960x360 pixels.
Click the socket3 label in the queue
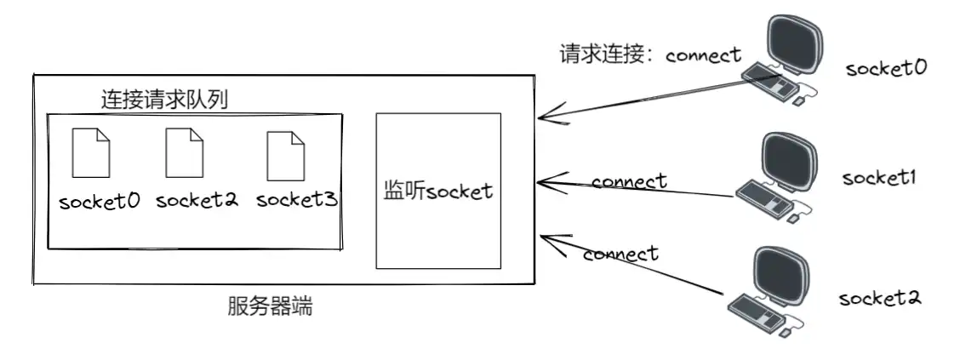[x=297, y=200]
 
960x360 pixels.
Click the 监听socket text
[x=438, y=191]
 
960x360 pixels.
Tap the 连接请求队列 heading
[x=164, y=100]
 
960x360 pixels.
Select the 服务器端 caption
[x=271, y=306]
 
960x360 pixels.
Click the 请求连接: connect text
[x=650, y=55]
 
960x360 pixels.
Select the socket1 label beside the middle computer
[x=877, y=178]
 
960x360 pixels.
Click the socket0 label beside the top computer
[x=885, y=68]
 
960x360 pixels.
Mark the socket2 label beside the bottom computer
[x=880, y=299]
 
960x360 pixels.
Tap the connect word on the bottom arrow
[x=620, y=254]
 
